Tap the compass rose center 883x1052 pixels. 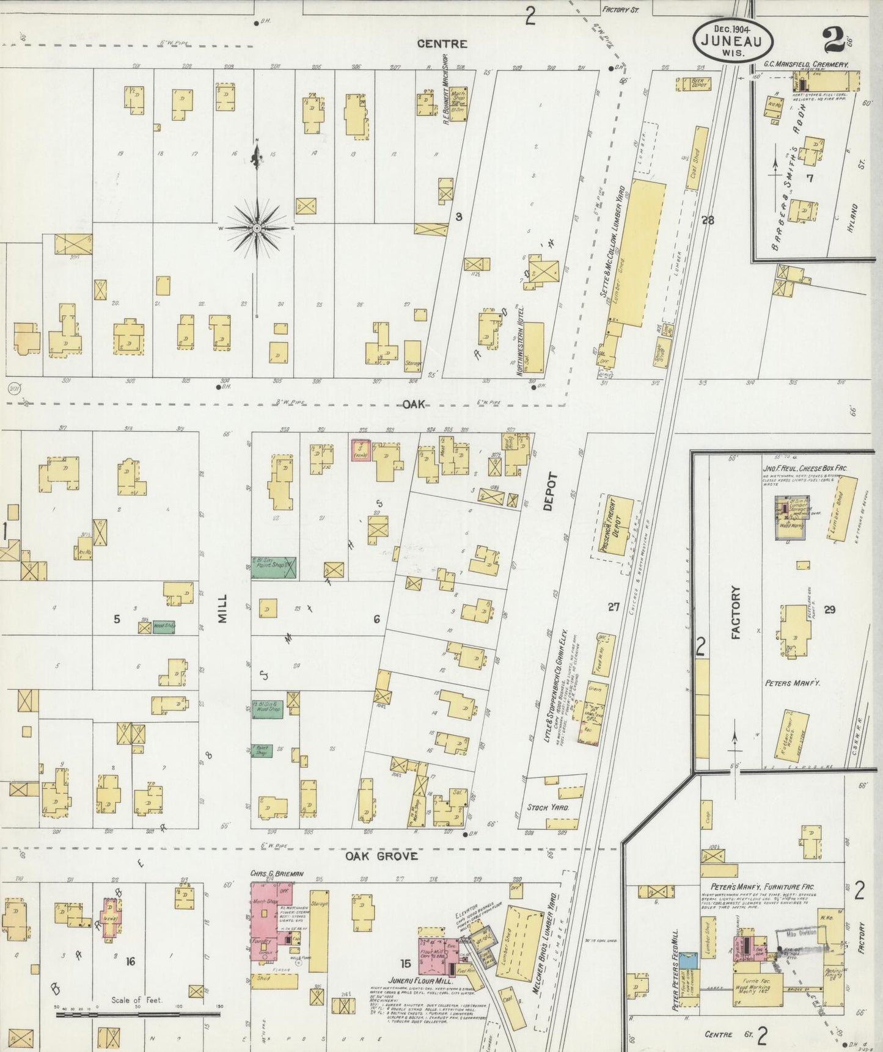point(257,228)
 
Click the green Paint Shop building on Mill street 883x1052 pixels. point(274,567)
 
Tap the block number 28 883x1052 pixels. point(708,220)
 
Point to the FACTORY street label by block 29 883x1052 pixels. point(735,612)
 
